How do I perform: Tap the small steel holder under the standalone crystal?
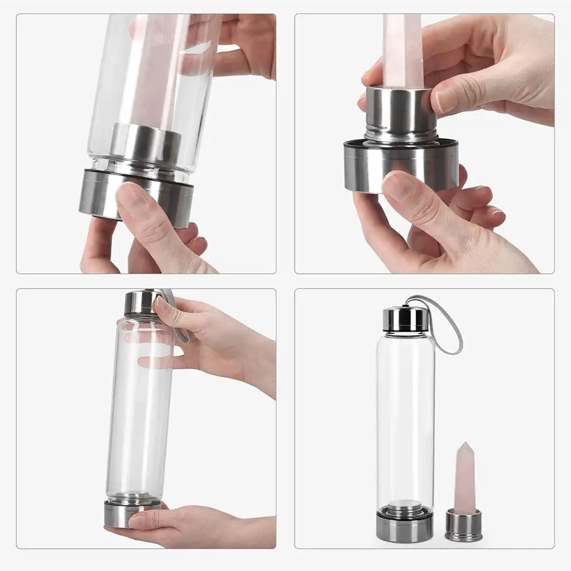pyautogui.click(x=463, y=525)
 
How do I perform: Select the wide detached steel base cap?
pyautogui.click(x=401, y=166)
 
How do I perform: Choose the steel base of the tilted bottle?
pyautogui.click(x=137, y=197)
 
